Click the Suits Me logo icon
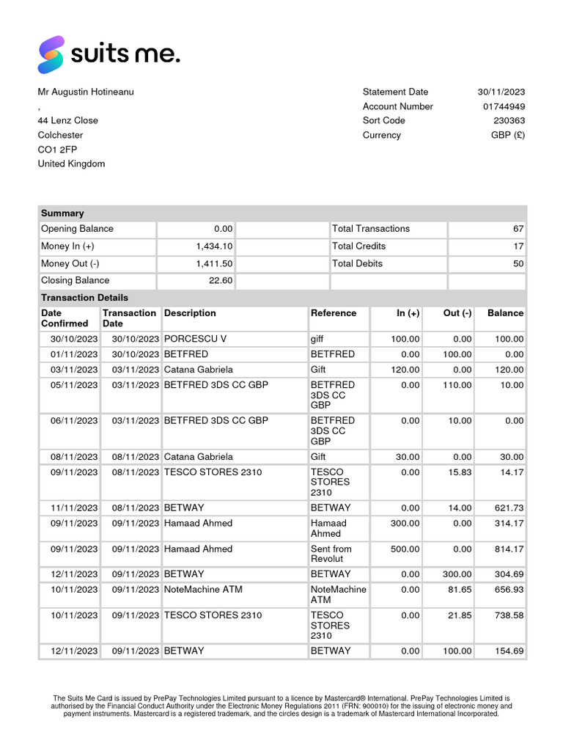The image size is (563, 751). pyautogui.click(x=51, y=55)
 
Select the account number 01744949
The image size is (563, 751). pyautogui.click(x=504, y=106)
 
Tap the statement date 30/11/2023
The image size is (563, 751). pyautogui.click(x=501, y=92)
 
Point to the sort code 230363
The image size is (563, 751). pyautogui.click(x=509, y=120)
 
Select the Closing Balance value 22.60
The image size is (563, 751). pyautogui.click(x=220, y=280)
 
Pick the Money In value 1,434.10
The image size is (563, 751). pyautogui.click(x=214, y=246)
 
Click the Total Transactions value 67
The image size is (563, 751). pyautogui.click(x=518, y=229)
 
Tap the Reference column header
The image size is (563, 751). pyautogui.click(x=334, y=313)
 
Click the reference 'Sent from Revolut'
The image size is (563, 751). pyautogui.click(x=331, y=554)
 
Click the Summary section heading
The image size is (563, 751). pyautogui.click(x=62, y=213)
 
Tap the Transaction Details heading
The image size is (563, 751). pyautogui.click(x=84, y=298)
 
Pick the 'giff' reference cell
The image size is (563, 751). pyautogui.click(x=317, y=339)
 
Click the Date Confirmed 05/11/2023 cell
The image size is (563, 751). pyautogui.click(x=74, y=385)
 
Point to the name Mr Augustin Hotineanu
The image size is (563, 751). pyautogui.click(x=86, y=92)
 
